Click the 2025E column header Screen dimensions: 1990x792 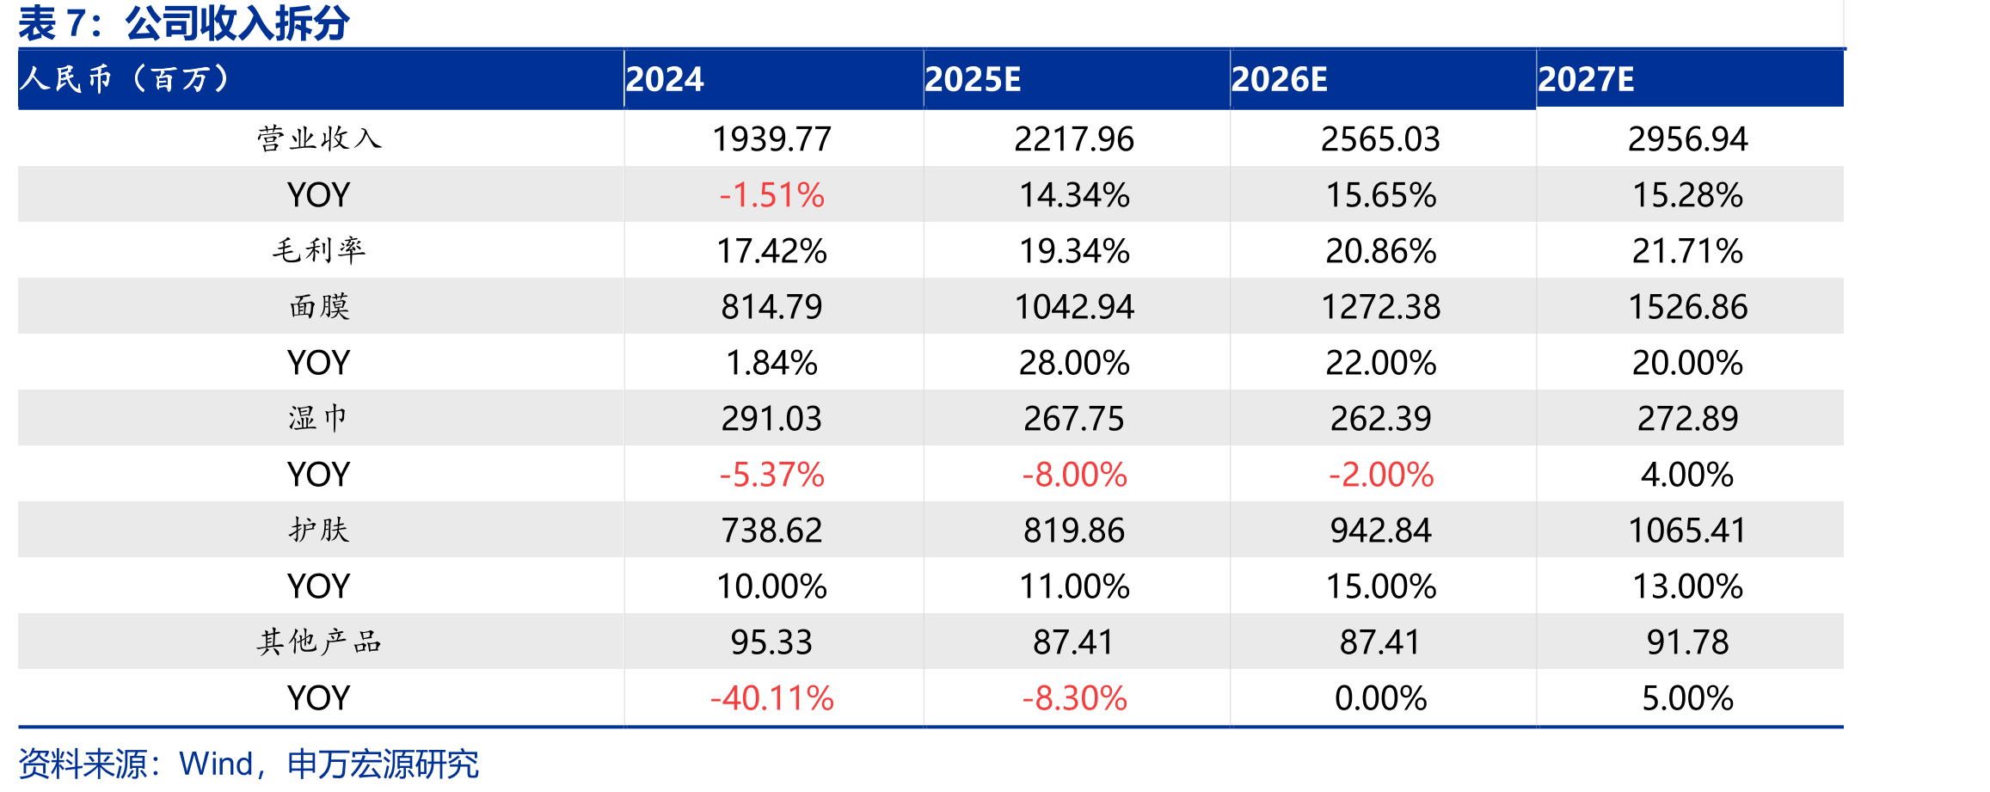(x=973, y=79)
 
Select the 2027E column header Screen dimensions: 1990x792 (x=1586, y=79)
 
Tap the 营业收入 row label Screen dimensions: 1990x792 (x=319, y=138)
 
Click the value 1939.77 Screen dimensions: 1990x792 (x=771, y=139)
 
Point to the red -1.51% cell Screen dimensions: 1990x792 (x=771, y=195)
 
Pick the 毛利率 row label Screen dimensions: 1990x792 (x=319, y=250)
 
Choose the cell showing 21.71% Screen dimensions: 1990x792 (x=1687, y=251)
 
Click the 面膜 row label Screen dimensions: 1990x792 (x=319, y=306)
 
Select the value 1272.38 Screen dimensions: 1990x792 (x=1380, y=307)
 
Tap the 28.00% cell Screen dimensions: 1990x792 (x=1074, y=363)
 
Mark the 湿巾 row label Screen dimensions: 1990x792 (x=319, y=418)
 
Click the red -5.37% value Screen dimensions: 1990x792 (x=771, y=475)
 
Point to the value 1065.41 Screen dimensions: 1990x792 (x=1687, y=531)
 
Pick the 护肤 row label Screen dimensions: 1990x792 (x=319, y=530)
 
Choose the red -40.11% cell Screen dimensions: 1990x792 (x=771, y=698)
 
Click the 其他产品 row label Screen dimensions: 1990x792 (x=319, y=642)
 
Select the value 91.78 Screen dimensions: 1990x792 (x=1687, y=642)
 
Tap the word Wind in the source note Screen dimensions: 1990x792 (x=216, y=764)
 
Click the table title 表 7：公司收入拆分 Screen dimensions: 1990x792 (x=184, y=23)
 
